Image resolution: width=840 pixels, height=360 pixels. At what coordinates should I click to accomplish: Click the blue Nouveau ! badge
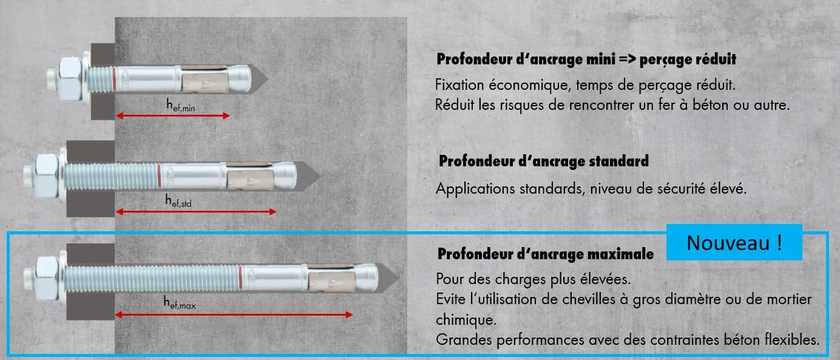pos(734,243)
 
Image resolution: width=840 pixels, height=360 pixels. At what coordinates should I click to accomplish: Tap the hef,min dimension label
pos(180,106)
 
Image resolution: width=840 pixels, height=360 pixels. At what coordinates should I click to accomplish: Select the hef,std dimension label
pos(178,201)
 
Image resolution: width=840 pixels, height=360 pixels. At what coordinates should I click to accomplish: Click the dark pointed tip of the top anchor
pos(260,78)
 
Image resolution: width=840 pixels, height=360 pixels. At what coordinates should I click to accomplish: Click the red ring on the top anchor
pos(114,79)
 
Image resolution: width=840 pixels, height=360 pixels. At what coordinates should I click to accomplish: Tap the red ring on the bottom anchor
pos(241,277)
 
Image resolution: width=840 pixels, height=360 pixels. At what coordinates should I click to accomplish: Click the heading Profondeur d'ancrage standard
pos(543,161)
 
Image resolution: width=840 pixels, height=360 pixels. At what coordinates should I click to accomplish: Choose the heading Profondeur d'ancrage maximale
pos(545,253)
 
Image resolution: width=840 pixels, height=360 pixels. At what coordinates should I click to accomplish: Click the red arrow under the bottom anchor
pos(234,314)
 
